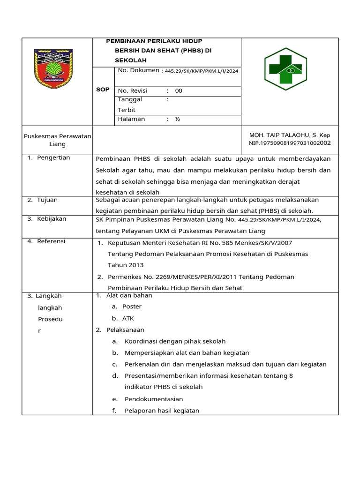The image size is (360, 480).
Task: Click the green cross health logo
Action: point(285,68)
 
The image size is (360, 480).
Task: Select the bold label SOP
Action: point(103,90)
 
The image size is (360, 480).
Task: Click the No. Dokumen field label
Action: point(138,71)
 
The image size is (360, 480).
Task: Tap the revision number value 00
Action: point(179,91)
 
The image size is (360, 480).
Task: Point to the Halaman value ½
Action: point(178,119)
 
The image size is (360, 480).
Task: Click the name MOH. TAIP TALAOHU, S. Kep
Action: point(290,135)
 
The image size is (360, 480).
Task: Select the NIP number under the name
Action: point(290,143)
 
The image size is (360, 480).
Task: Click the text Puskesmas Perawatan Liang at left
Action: point(57,140)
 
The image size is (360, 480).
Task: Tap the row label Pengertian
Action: point(54,157)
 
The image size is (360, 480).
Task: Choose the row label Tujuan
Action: point(48,200)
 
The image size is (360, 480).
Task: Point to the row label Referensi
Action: point(52,241)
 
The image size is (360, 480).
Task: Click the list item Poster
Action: point(132,307)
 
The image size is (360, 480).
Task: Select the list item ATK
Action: point(128,318)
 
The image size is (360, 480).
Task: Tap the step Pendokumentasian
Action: point(154,399)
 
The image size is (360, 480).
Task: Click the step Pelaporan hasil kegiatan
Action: point(162,411)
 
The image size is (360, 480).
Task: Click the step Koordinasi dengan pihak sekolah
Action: point(175,341)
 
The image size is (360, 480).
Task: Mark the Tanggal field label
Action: point(130,99)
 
